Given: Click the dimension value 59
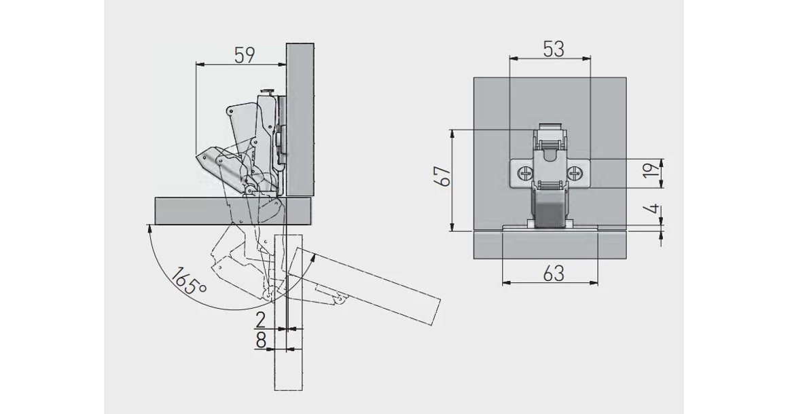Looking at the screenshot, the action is point(245,55).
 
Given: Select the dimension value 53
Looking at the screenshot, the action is point(554,49).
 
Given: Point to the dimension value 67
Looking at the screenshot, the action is point(445,176).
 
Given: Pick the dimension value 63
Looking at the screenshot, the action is point(554,274).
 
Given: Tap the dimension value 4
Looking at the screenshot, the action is point(652,209).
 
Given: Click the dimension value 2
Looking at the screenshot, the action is point(260,320).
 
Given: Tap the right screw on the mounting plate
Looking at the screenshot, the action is point(575,174).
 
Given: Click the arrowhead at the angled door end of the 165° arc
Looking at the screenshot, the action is point(312,257).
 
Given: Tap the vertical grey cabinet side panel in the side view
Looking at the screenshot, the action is point(300,120).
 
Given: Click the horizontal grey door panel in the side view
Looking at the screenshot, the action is point(234,210).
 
